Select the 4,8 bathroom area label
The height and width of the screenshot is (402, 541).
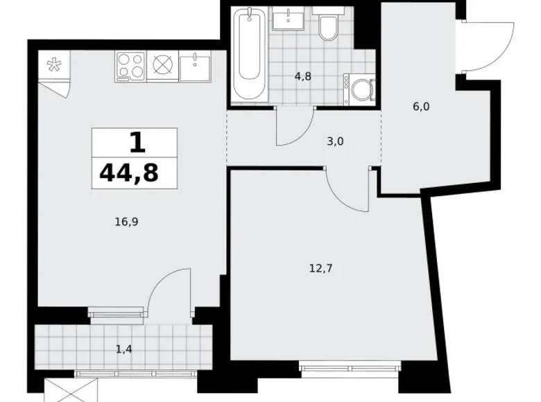[302, 77]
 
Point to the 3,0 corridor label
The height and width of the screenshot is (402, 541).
[336, 141]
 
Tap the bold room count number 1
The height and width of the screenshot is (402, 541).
[137, 143]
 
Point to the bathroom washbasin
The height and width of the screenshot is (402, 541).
[286, 19]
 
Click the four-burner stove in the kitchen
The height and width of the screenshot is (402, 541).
[130, 66]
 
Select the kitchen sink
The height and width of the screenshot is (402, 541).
[195, 67]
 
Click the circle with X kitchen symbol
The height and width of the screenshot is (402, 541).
[162, 66]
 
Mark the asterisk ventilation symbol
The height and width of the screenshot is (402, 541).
[53, 66]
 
